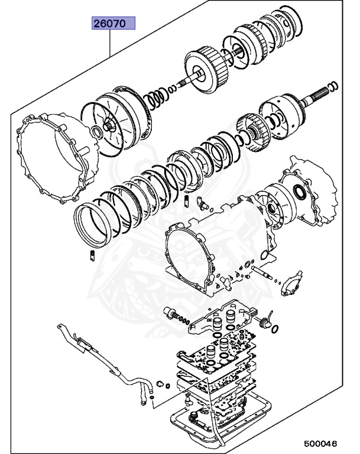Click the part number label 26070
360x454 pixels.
113,24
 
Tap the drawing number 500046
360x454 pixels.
321,442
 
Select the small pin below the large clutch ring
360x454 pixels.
93,255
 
